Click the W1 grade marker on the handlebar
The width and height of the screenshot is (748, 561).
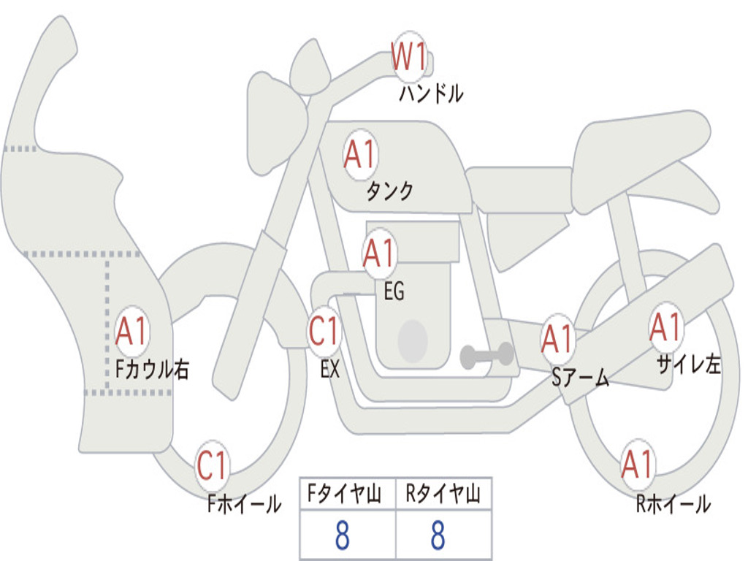point(409,57)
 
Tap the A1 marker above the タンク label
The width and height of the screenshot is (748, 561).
point(361,155)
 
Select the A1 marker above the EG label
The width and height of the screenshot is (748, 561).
point(380,253)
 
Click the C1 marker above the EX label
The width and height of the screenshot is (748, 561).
point(324,331)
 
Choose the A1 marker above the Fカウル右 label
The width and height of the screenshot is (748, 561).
point(131,331)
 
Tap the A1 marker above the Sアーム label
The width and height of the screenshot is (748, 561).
point(557,339)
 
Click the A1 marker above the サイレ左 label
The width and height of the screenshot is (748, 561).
point(666,327)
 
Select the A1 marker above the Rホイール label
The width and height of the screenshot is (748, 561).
point(638,464)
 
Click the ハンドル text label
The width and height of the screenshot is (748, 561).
point(431,93)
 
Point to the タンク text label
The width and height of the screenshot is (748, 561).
point(390,191)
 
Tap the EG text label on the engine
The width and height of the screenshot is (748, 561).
point(394,291)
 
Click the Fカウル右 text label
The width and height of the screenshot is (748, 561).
point(152,369)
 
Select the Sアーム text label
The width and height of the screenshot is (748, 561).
point(581,378)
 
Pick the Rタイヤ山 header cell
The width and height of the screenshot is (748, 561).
point(443,494)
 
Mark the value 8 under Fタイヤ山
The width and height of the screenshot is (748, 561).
point(343,535)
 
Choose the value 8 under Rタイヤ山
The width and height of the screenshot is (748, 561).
point(438,535)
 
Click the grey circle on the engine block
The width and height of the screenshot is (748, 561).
point(413,341)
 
